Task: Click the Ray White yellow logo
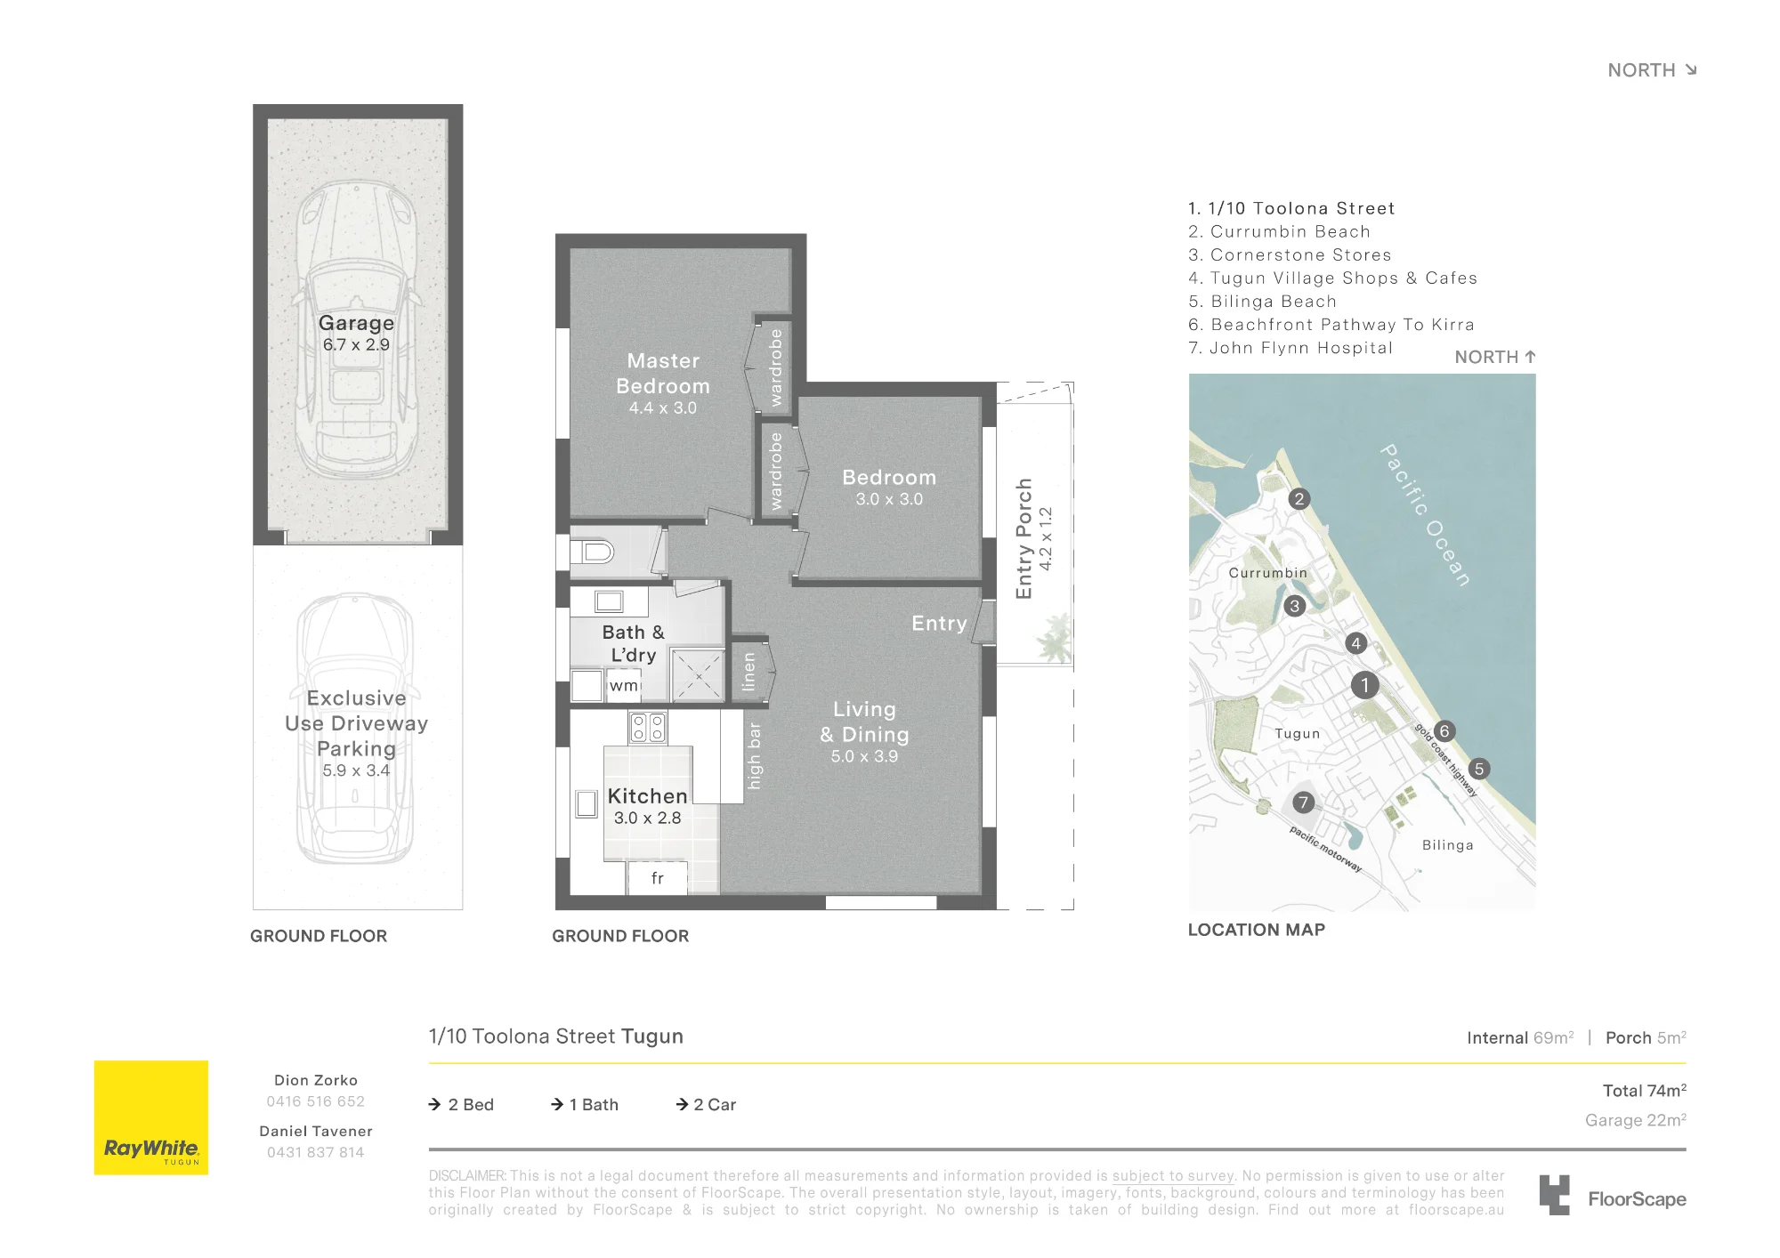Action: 151,1117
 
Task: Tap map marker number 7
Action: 1304,802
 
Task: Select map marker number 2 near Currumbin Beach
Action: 1299,499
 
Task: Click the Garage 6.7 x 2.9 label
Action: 356,333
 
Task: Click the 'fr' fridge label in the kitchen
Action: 658,878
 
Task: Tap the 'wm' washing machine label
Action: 624,685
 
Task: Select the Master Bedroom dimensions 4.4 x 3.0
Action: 663,408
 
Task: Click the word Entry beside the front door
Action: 939,624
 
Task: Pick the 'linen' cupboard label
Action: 748,672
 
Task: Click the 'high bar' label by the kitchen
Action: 755,755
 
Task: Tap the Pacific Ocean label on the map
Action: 1425,515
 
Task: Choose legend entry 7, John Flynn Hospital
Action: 1290,348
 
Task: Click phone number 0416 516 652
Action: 316,1101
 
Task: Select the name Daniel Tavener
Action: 316,1131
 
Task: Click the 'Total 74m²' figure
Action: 1645,1091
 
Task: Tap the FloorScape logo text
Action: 1638,1199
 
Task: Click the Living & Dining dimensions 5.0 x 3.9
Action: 864,756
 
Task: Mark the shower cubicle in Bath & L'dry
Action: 699,676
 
